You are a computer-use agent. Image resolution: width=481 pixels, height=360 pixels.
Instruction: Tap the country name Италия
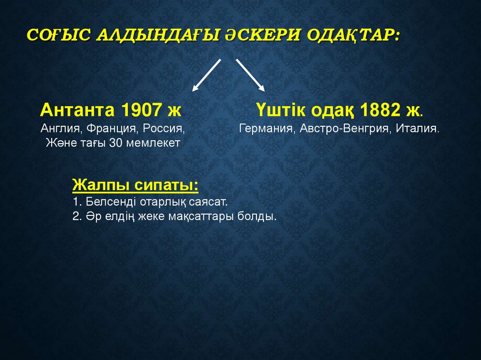tap(418, 128)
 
